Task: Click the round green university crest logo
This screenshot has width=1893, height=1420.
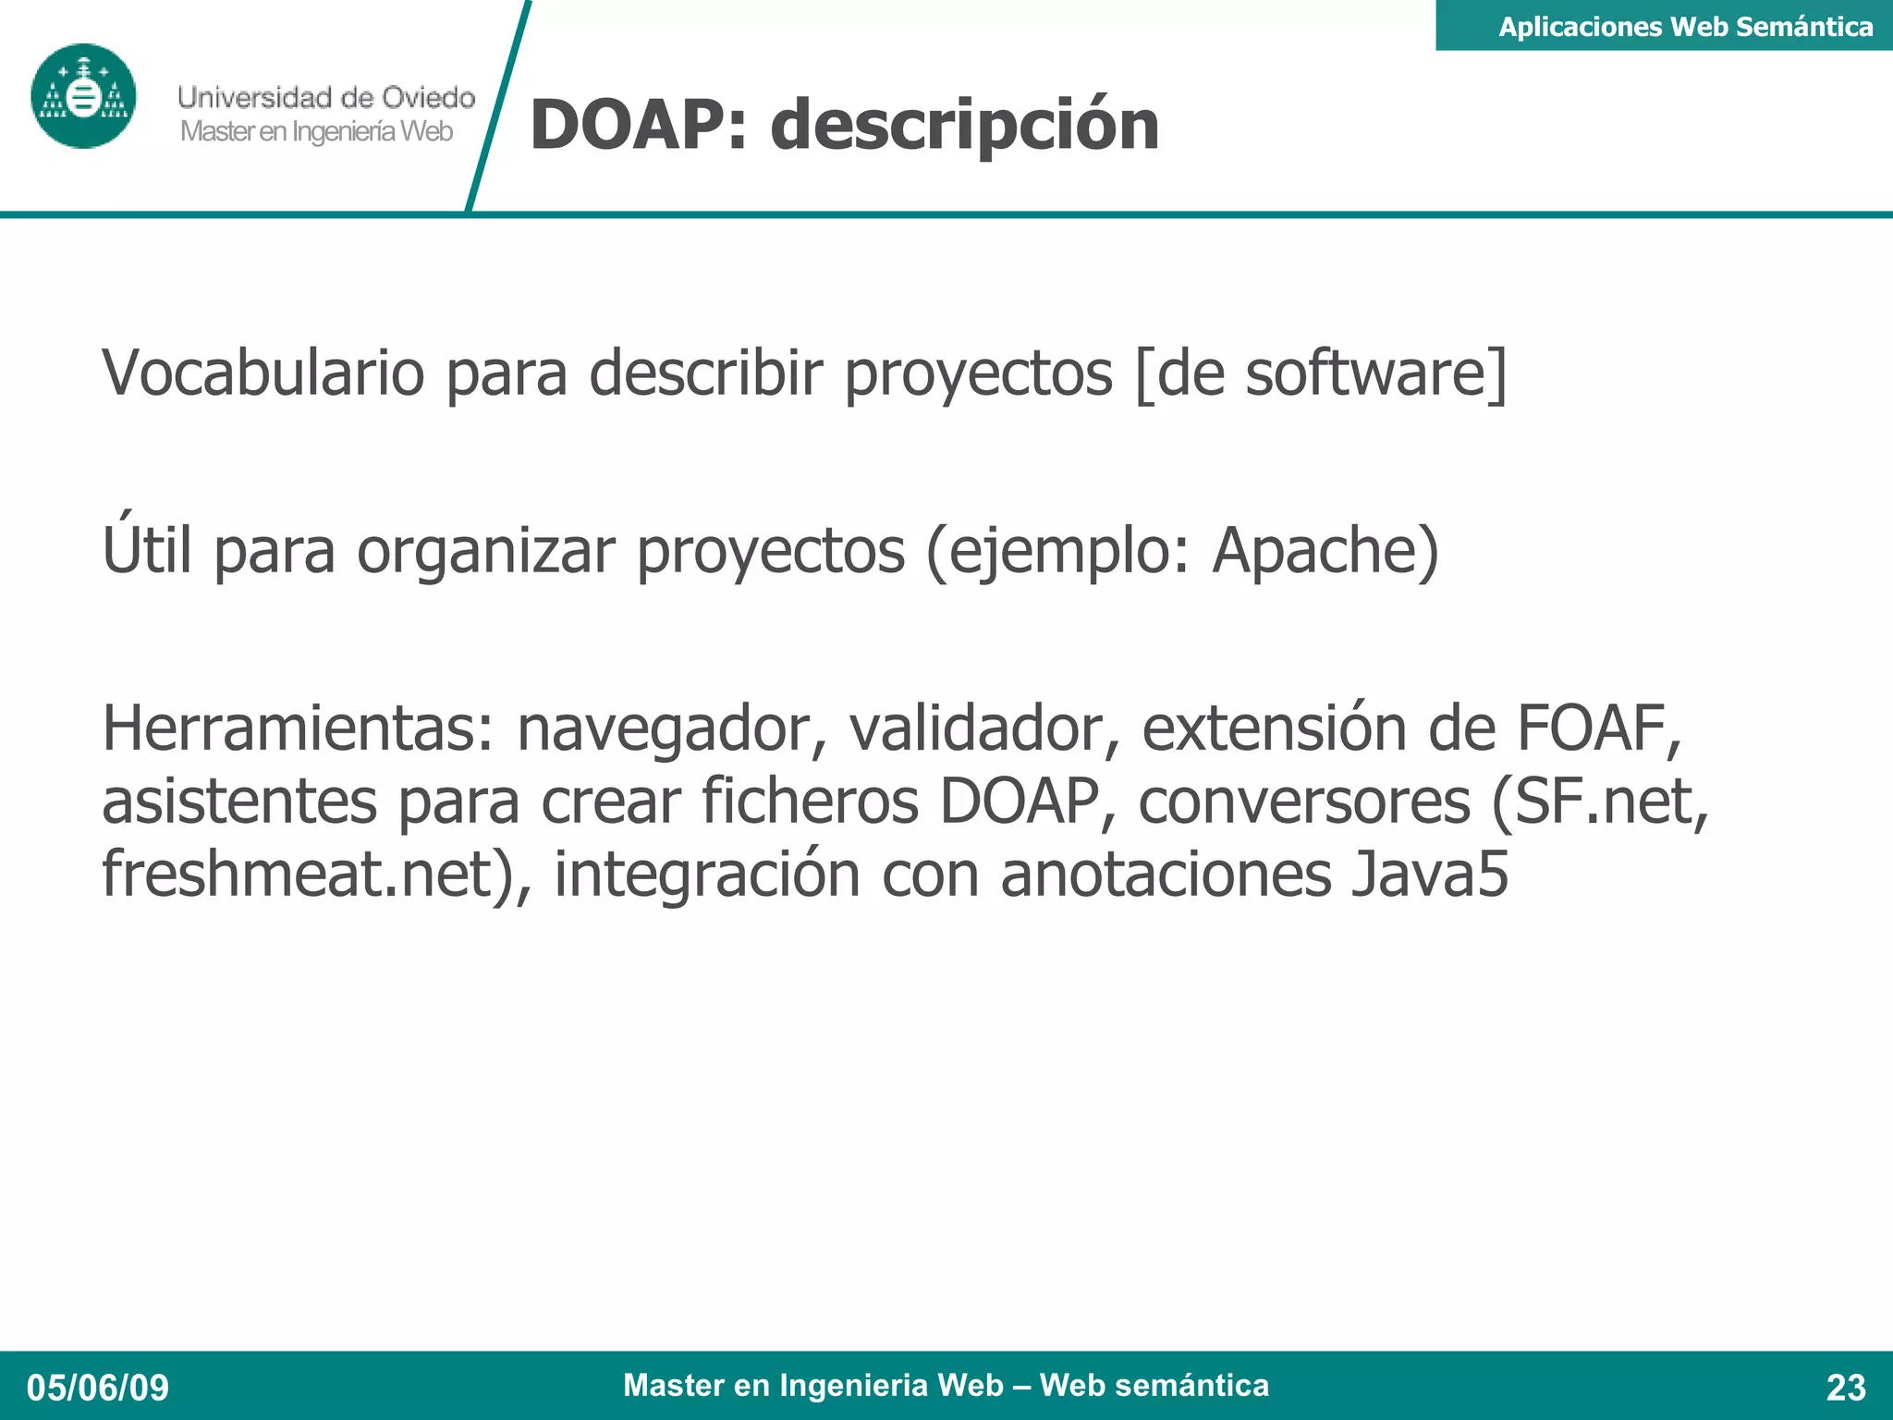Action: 83,96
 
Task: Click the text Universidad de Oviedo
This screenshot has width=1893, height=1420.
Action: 326,97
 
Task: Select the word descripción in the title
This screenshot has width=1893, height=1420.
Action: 964,126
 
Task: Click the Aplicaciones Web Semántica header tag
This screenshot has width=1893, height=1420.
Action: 1684,26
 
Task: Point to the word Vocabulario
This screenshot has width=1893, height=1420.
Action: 263,373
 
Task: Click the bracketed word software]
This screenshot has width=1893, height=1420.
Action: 1375,373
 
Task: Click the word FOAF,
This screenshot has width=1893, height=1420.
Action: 1599,728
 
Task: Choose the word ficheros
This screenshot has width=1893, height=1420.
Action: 810,801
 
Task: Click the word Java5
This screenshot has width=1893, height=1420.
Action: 1429,874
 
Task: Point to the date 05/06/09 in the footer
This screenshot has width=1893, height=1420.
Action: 98,1388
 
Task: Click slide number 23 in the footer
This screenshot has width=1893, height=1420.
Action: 1846,1388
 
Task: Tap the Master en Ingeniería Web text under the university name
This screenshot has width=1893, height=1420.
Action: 316,132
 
